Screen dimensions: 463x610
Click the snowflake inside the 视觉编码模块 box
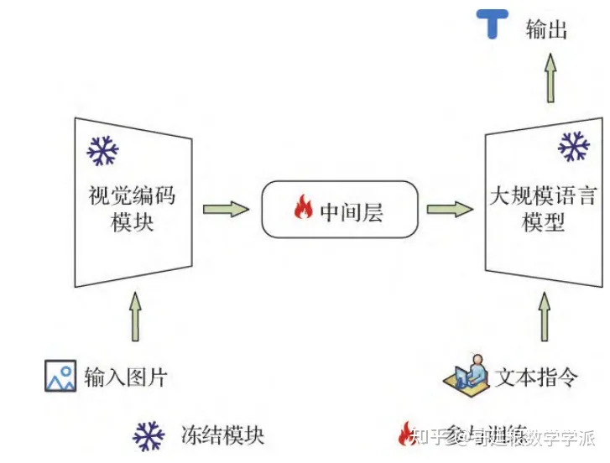click(103, 151)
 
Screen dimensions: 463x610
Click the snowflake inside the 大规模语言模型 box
click(573, 148)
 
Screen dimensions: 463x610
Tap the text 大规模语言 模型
click(543, 210)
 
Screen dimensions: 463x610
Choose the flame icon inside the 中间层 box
click(303, 209)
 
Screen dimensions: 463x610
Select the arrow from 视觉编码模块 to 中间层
click(226, 208)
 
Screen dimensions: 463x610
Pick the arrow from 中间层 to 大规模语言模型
click(450, 209)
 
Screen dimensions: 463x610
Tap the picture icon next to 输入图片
click(60, 376)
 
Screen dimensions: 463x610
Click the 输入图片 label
click(125, 377)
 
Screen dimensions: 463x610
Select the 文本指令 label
click(536, 377)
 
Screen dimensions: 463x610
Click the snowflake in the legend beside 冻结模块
click(149, 435)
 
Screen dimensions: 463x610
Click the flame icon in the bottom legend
click(405, 434)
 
